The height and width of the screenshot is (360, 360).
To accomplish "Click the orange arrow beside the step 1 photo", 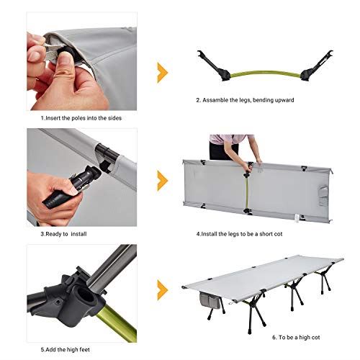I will (162, 72).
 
